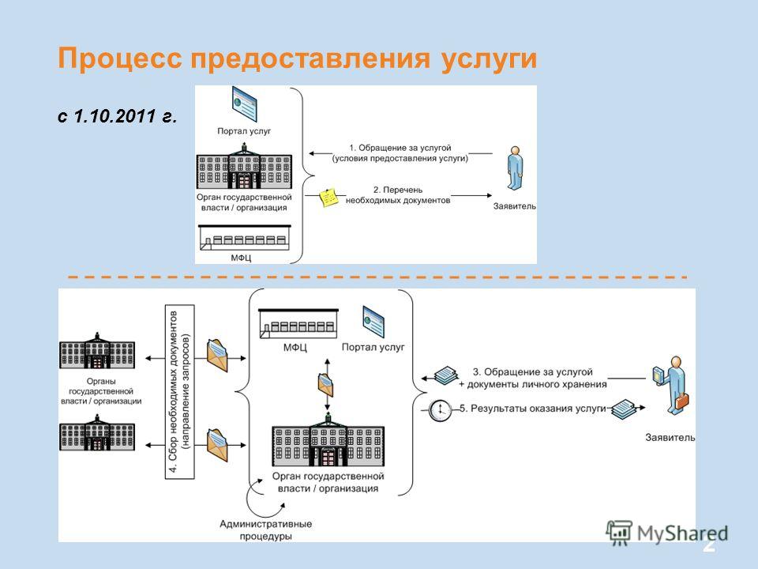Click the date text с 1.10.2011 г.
coord(117,116)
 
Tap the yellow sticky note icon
coord(329,198)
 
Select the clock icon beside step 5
coord(440,410)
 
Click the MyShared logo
coord(667,533)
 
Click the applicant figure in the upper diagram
coord(515,168)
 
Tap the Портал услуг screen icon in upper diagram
coord(244,104)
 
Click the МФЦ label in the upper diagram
coord(241,258)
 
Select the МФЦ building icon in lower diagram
coord(298,323)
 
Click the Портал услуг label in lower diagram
coord(373,347)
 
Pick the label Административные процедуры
coord(266,529)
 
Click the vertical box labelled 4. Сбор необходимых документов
coord(180,392)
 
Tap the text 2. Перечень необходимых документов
coord(398,195)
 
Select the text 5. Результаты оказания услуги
coord(532,409)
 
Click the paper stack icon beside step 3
coord(445,375)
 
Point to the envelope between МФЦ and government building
coord(325,385)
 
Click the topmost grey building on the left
coord(97,350)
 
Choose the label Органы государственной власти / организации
coord(101,391)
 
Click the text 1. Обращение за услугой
coord(400,148)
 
